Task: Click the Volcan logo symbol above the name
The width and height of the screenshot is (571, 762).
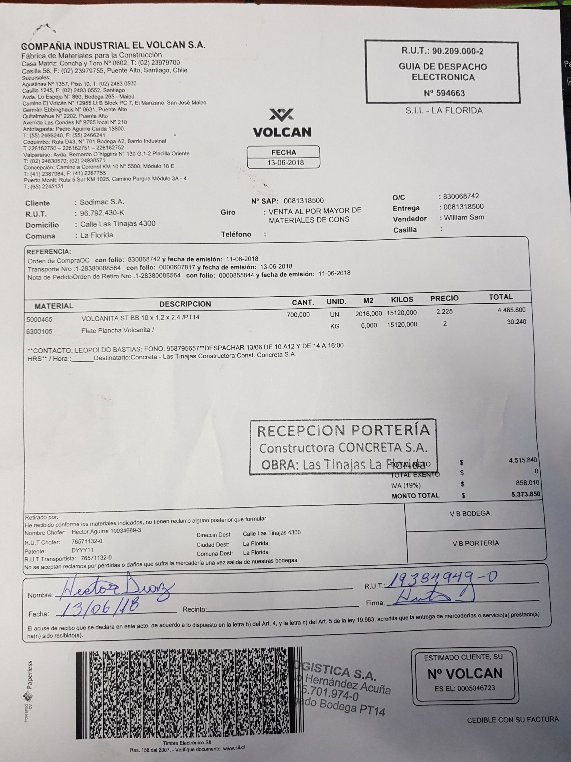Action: click(x=282, y=115)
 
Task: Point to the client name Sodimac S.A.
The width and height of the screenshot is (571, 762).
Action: click(x=102, y=202)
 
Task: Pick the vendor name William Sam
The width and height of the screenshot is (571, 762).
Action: click(x=464, y=218)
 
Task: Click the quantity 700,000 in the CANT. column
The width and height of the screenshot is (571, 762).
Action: click(x=298, y=314)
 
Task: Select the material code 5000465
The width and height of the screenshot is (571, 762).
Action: click(x=39, y=319)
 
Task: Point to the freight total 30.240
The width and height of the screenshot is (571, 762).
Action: click(x=516, y=322)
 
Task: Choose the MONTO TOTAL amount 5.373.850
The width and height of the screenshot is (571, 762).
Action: click(x=525, y=494)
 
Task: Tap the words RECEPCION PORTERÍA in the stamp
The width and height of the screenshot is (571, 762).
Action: click(x=343, y=431)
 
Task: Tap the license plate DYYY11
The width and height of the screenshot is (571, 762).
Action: click(x=82, y=550)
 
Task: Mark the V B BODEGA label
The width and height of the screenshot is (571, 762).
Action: click(x=470, y=513)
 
